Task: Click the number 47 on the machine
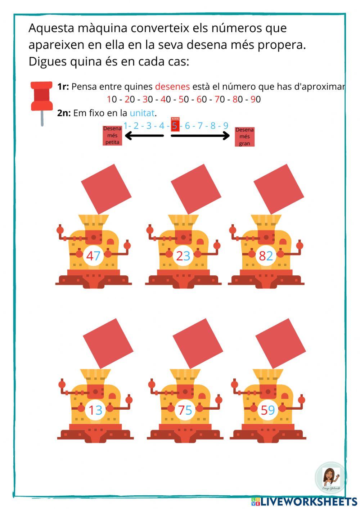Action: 93,256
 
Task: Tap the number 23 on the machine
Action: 183,256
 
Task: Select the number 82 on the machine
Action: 266,256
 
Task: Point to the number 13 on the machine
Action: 95,410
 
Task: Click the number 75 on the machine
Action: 185,410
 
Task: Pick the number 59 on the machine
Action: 268,410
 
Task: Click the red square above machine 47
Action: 106,189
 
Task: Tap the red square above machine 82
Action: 279,189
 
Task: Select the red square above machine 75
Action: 198,343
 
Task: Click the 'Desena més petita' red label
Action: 112,135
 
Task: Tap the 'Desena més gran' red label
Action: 244,136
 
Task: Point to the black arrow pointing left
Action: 144,136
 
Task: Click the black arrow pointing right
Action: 200,136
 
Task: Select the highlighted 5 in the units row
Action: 175,126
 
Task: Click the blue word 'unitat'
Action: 142,113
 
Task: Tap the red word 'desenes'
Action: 172,86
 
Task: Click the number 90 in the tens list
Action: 256,99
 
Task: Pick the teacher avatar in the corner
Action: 329,478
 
